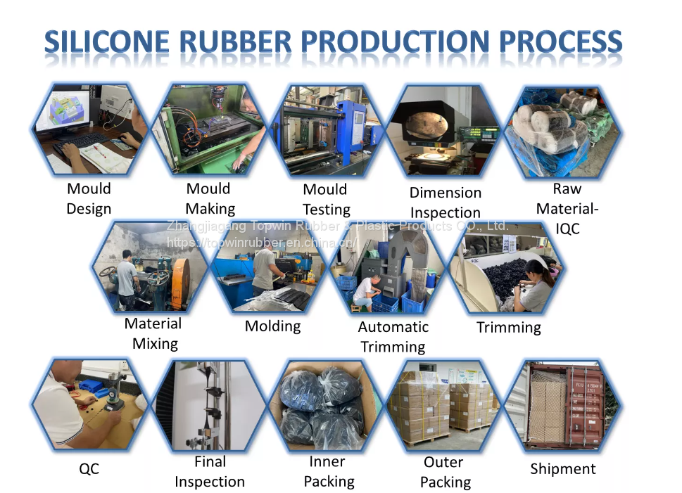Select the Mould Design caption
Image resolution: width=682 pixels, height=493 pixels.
pyautogui.click(x=89, y=199)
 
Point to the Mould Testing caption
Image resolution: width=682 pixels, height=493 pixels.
pyautogui.click(x=326, y=200)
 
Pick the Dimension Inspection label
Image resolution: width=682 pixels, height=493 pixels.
pyautogui.click(x=446, y=203)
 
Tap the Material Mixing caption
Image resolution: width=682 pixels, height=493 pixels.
pyautogui.click(x=153, y=334)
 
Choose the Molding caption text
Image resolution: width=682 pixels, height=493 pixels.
pyautogui.click(x=272, y=326)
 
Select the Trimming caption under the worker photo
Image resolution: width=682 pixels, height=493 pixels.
pyautogui.click(x=508, y=328)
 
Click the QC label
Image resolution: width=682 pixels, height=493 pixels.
pyautogui.click(x=89, y=469)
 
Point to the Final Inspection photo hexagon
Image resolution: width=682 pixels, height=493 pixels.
pyautogui.click(x=209, y=406)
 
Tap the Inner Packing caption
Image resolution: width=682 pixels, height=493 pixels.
pyautogui.click(x=328, y=472)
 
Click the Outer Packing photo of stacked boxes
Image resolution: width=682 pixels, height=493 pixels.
pyautogui.click(x=445, y=406)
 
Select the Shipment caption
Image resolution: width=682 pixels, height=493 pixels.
pyautogui.click(x=562, y=469)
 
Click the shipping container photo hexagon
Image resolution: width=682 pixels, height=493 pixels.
pyautogui.click(x=563, y=406)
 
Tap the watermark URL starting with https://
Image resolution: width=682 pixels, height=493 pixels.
pyautogui.click(x=260, y=243)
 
